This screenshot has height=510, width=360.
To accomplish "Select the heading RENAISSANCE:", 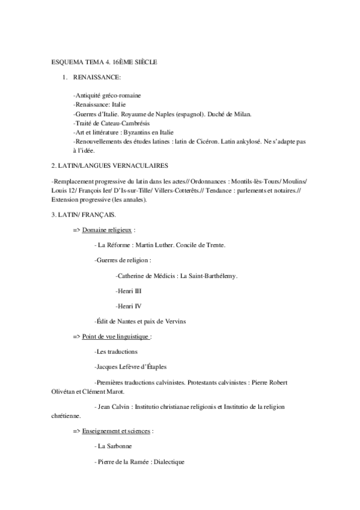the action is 97,78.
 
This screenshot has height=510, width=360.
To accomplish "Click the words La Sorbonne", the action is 115,446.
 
